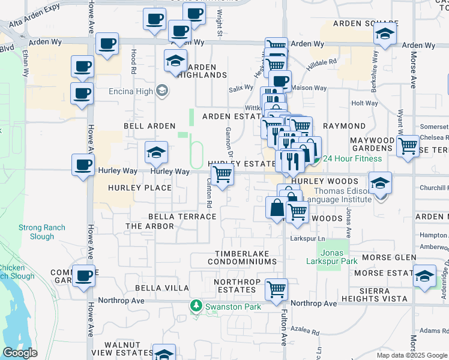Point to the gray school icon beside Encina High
click(161, 91)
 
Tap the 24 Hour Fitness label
click(352, 158)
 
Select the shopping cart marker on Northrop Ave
click(276, 290)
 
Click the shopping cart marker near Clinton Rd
click(223, 174)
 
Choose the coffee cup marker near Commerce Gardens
click(83, 275)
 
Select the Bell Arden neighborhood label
click(149, 127)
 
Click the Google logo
click(20, 353)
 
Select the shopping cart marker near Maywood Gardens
click(408, 145)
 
